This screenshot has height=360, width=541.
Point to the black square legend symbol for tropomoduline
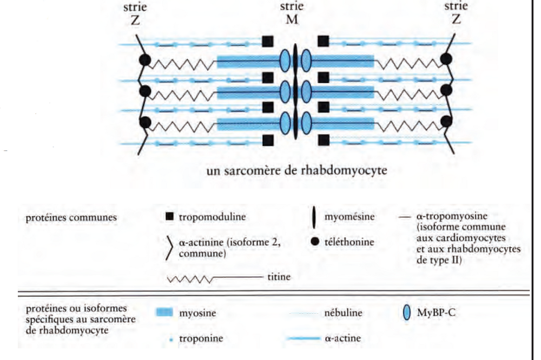169,217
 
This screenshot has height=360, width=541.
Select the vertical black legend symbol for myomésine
314,218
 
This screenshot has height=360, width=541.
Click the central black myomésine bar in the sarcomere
295,91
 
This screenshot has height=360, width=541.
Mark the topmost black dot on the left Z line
145,59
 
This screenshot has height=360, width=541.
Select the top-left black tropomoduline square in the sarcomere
267,41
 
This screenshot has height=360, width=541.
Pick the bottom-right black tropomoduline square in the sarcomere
324,141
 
